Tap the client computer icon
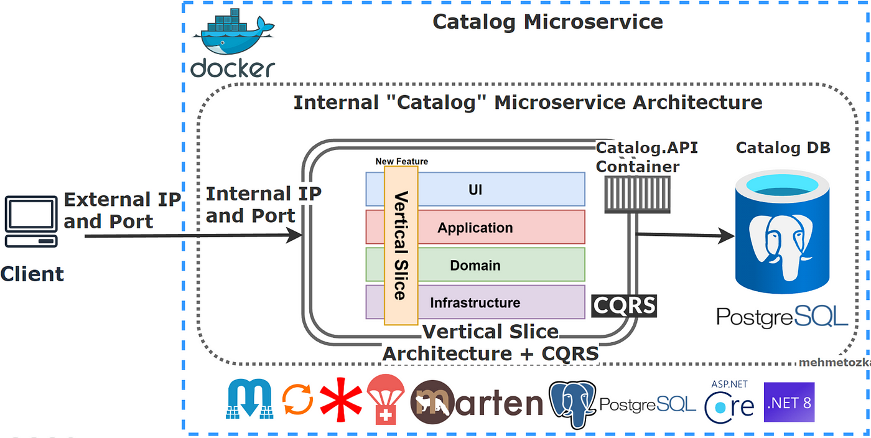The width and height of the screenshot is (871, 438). click(x=31, y=221)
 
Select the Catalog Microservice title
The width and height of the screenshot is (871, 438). click(x=547, y=22)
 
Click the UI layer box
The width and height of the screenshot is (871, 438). click(x=475, y=189)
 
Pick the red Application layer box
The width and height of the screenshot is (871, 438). click(x=475, y=227)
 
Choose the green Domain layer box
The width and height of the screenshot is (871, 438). click(x=475, y=265)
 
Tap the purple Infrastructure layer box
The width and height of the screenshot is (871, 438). click(x=475, y=302)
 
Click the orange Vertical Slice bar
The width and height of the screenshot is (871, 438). click(x=401, y=246)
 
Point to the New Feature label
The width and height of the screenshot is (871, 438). click(x=402, y=161)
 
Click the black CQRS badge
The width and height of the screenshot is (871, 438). click(x=624, y=305)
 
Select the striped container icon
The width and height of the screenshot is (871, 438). click(x=637, y=195)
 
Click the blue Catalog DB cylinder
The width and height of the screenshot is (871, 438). click(x=783, y=232)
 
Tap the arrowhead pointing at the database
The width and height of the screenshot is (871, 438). click(x=725, y=235)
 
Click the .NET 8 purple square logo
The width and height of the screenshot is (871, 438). click(x=789, y=402)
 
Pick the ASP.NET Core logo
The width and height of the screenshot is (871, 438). click(x=729, y=402)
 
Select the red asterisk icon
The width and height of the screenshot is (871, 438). click(x=341, y=399)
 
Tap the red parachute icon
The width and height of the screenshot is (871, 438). click(x=386, y=399)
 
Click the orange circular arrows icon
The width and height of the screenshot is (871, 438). click(x=297, y=399)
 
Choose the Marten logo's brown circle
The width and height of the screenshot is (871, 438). click(x=432, y=402)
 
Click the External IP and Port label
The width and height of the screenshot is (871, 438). click(x=122, y=210)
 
